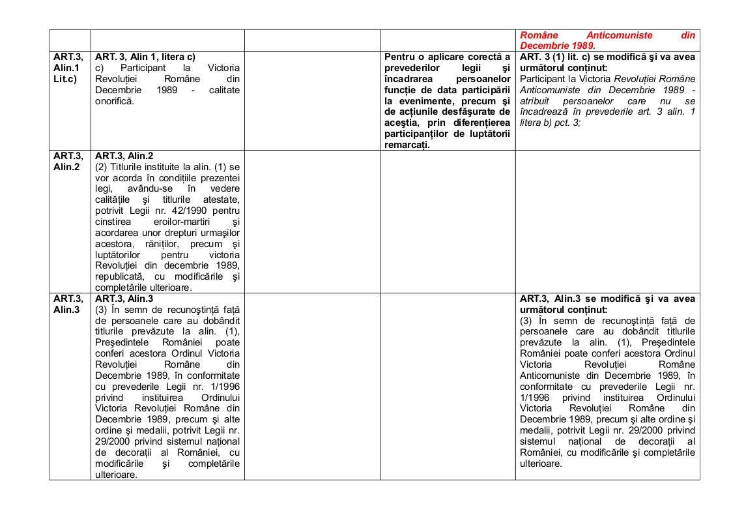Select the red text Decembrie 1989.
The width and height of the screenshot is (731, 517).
coord(557,46)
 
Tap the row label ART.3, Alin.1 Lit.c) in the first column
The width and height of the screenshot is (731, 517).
coord(68,68)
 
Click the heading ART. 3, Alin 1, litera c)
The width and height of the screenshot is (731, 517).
coord(145,57)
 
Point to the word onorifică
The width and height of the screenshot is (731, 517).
coord(115,101)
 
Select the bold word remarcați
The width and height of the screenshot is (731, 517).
coord(408,145)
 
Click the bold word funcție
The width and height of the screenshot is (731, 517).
coord(404,90)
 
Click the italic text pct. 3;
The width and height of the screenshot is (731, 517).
coord(566,123)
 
